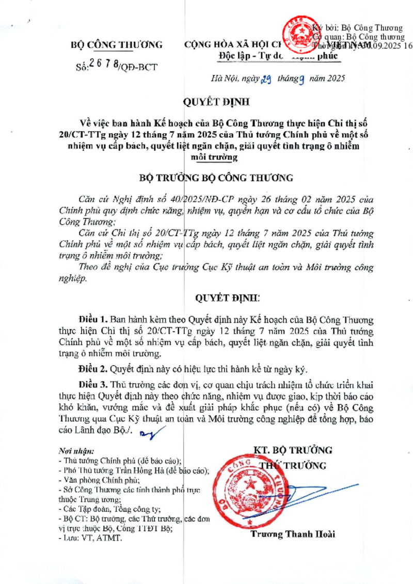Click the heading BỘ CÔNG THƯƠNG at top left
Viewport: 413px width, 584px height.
(x=116, y=45)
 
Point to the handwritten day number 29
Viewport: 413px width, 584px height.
(x=265, y=79)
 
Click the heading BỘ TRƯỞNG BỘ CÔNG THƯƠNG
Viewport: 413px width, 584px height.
(x=216, y=178)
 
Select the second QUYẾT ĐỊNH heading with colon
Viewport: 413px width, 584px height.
(x=220, y=298)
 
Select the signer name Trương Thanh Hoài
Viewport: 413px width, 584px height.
(x=292, y=534)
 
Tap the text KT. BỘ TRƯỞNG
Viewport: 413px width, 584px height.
(x=293, y=450)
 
